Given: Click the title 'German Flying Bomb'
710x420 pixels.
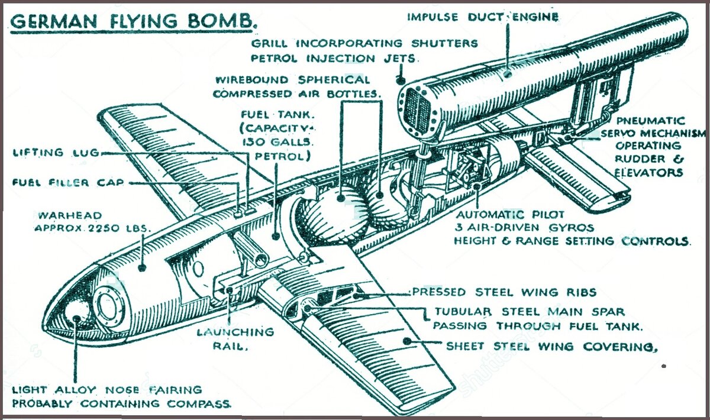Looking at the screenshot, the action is click(x=134, y=21).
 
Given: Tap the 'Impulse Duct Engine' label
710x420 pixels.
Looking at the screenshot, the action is click(x=483, y=17).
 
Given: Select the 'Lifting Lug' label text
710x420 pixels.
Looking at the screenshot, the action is click(x=56, y=153).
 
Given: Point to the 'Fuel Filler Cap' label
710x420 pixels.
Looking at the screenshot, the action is click(x=67, y=183).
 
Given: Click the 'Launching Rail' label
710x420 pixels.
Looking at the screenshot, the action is click(x=235, y=339).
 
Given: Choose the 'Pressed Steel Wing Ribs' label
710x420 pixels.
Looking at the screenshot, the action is click(x=504, y=292).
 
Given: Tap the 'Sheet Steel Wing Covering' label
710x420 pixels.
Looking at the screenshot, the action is click(x=551, y=347).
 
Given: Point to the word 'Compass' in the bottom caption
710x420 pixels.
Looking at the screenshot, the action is click(x=199, y=404).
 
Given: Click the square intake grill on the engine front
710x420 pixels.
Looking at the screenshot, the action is click(x=417, y=110).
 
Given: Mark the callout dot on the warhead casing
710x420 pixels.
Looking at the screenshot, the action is click(x=143, y=268).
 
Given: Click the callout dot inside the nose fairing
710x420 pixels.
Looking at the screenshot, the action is click(x=76, y=319).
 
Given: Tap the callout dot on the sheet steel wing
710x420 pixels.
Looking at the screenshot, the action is click(x=407, y=341).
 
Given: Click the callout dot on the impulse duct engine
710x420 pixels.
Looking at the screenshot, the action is click(x=507, y=74).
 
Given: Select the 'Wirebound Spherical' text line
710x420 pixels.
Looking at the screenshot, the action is click(x=292, y=79).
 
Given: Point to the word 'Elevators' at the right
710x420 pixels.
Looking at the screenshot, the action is click(x=648, y=173).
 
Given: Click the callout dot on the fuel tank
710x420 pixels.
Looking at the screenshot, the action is click(x=276, y=236).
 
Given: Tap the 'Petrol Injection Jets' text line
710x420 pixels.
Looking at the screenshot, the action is click(x=334, y=59).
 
